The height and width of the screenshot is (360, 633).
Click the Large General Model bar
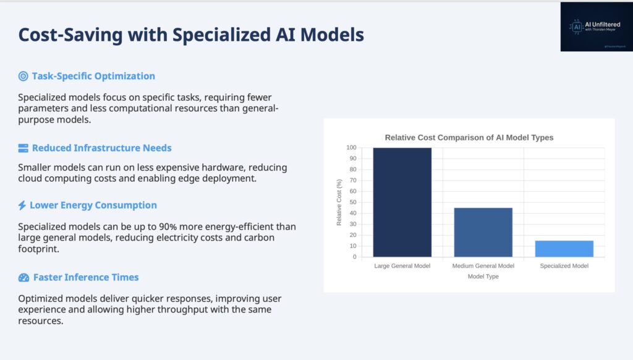tap(402, 202)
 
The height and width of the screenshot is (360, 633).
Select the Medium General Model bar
tap(483, 233)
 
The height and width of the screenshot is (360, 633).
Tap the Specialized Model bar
tap(564, 249)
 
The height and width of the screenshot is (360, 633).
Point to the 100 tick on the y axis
tap(351, 147)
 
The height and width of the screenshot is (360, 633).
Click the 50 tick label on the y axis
tap(353, 202)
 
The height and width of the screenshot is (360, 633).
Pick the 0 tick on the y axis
tap(355, 257)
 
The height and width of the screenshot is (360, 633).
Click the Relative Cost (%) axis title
tap(339, 202)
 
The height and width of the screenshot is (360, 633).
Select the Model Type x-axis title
tap(483, 276)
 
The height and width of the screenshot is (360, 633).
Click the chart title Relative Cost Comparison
tap(469, 137)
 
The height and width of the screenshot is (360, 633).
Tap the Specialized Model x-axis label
tap(564, 266)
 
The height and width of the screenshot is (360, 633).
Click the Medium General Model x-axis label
tap(483, 266)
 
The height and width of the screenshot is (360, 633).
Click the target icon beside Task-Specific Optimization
tap(23, 76)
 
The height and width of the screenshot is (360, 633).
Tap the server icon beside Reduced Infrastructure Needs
tap(23, 148)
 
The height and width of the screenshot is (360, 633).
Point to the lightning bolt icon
tap(22, 205)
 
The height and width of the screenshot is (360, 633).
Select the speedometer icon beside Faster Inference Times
tap(24, 278)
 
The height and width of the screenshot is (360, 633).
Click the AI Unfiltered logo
tap(597, 27)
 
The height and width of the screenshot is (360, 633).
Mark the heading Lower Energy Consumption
tap(93, 205)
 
